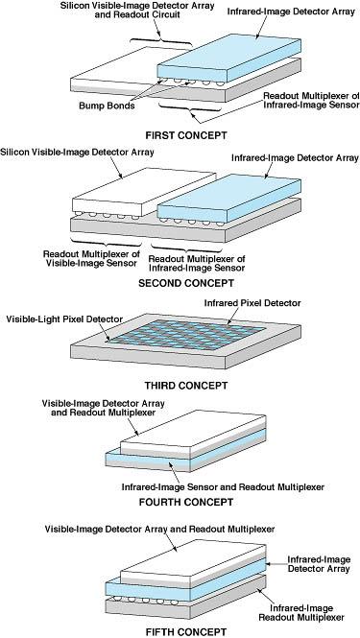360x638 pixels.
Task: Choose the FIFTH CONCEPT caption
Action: click(181, 629)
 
